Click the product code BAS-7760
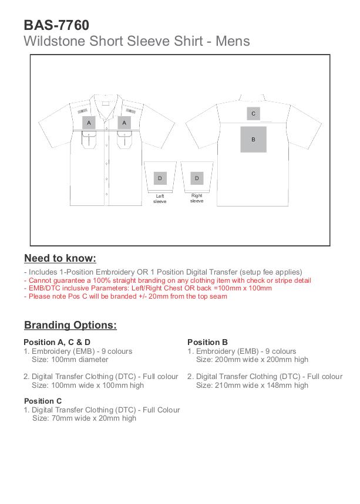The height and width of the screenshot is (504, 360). (56, 25)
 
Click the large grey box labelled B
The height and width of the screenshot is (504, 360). (253, 140)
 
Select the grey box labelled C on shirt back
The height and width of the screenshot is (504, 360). (253, 113)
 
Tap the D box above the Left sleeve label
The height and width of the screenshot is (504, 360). (160, 178)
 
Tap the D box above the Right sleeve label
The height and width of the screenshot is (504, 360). (197, 178)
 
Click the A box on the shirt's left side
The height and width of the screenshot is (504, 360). (89, 123)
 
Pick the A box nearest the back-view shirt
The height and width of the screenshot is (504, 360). (124, 123)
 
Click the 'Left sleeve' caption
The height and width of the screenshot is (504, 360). (160, 198)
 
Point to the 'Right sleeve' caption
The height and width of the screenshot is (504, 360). (197, 198)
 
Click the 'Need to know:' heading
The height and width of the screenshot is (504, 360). (60, 258)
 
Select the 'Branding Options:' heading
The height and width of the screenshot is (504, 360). (70, 325)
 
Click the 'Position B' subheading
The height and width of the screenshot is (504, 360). (207, 342)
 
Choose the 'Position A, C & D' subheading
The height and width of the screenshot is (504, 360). (57, 342)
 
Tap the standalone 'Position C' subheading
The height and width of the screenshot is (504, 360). (43, 401)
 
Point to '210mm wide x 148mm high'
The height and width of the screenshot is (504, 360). (252, 385)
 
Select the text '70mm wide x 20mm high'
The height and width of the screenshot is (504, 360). (84, 418)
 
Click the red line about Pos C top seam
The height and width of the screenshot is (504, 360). (125, 296)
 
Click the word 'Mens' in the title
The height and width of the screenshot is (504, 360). (233, 41)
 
